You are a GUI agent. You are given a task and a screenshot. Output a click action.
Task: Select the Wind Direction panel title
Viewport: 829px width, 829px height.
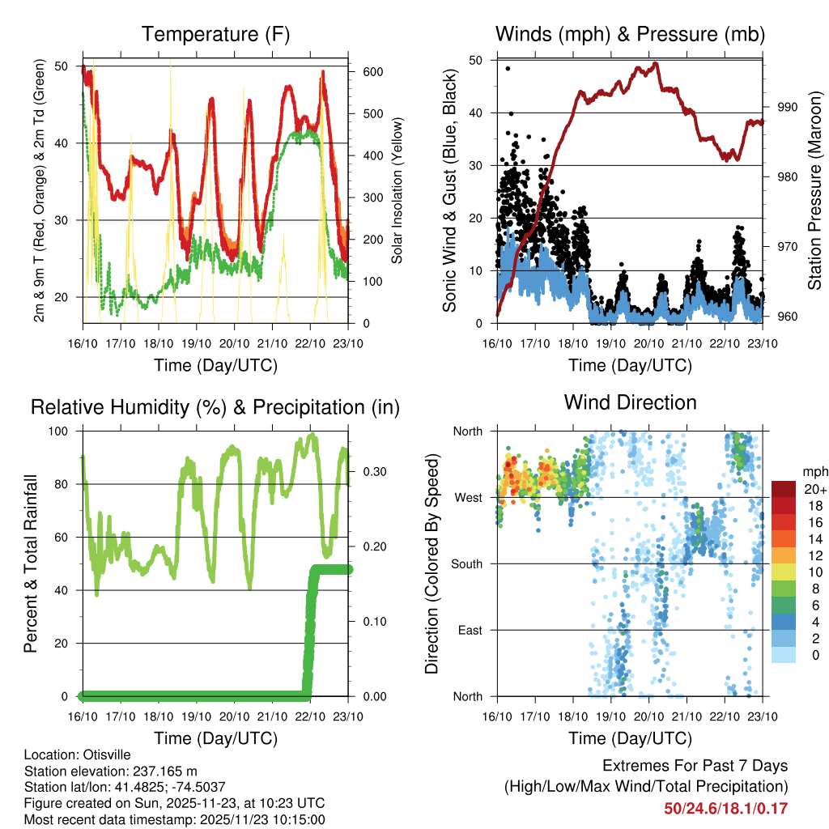point(630,402)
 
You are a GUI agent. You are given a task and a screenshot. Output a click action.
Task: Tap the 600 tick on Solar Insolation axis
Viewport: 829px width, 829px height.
point(372,71)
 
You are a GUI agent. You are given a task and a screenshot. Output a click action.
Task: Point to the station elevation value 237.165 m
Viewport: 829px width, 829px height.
point(161,771)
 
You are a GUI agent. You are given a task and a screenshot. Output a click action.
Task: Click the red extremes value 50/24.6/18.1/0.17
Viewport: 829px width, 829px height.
point(725,808)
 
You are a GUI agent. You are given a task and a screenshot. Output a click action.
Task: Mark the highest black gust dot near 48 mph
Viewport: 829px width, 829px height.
point(508,68)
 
